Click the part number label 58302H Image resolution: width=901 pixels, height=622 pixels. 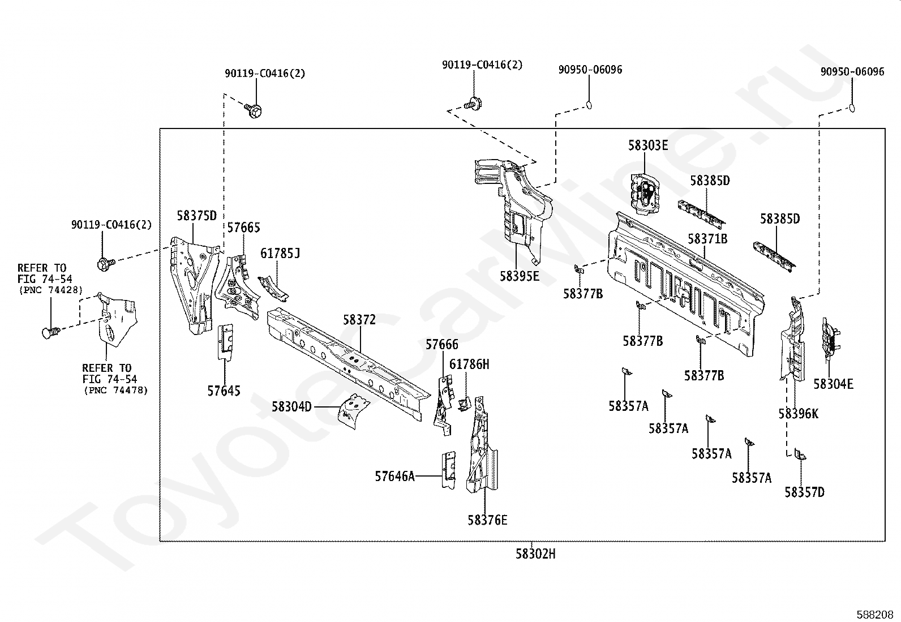click(x=535, y=554)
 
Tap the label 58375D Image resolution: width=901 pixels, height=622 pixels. click(x=197, y=216)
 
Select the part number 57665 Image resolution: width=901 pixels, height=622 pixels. click(x=244, y=228)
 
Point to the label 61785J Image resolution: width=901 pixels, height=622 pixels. click(x=280, y=253)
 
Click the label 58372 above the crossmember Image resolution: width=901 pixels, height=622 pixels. click(x=359, y=319)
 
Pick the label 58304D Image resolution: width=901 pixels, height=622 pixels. click(x=291, y=407)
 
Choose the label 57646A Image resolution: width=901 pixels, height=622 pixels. click(x=394, y=477)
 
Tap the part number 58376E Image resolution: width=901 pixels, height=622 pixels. click(x=487, y=520)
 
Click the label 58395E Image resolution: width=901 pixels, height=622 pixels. click(x=520, y=276)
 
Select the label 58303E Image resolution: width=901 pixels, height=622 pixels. click(x=648, y=145)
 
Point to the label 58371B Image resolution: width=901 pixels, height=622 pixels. click(x=707, y=239)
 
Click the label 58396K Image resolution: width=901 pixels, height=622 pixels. click(x=799, y=414)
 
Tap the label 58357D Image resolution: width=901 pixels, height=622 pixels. click(x=804, y=492)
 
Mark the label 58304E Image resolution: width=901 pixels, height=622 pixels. click(x=834, y=384)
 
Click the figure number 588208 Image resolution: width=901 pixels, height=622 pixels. click(x=875, y=615)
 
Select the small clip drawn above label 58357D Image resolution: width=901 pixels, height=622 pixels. click(x=800, y=454)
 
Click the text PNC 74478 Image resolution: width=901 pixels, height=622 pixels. click(x=116, y=391)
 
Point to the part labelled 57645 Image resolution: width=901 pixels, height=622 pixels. click(x=225, y=342)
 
